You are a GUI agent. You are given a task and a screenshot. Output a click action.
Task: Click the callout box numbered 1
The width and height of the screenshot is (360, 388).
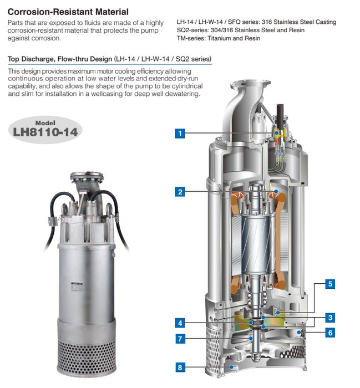pyautogui.click(x=180, y=133)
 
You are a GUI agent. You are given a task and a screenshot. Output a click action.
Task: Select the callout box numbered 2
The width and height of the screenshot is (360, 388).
pyautogui.click(x=180, y=192)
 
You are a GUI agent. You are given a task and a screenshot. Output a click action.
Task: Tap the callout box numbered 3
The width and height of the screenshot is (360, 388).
pyautogui.click(x=330, y=318)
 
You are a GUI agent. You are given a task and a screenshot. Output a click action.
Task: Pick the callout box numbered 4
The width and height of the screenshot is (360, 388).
pyautogui.click(x=180, y=323)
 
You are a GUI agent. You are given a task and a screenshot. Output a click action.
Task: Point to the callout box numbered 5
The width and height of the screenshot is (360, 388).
pyautogui.click(x=330, y=284)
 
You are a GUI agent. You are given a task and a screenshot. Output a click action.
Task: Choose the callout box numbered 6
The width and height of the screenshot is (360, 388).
pyautogui.click(x=330, y=333)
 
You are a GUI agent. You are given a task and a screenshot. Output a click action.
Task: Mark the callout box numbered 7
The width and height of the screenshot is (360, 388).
pyautogui.click(x=180, y=338)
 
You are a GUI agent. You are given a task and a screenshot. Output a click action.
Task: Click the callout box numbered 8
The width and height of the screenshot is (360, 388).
pyautogui.click(x=180, y=367)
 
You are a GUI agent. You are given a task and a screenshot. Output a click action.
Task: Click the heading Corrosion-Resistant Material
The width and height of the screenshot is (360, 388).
pyautogui.click(x=68, y=11)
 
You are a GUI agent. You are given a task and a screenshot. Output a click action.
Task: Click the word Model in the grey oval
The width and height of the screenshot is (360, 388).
pyautogui.click(x=45, y=122)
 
